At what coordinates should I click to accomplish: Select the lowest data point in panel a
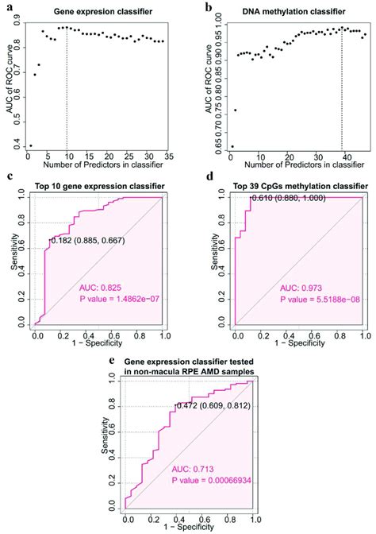pyautogui.click(x=31, y=145)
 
